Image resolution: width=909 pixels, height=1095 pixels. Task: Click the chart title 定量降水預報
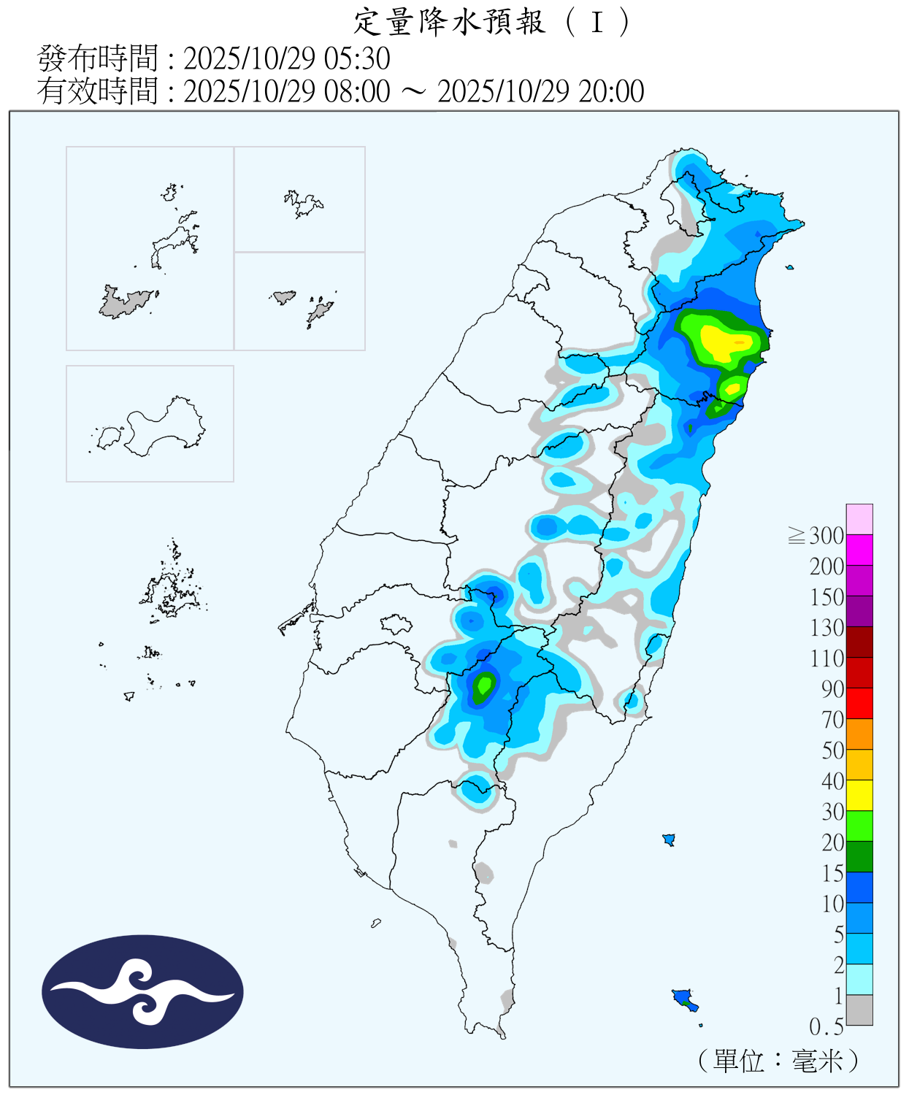pos(449,22)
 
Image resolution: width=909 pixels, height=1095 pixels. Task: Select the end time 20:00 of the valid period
pos(611,92)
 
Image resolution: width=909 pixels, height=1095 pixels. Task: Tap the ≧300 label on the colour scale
pos(816,536)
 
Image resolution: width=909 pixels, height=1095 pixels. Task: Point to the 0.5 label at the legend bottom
pos(826,1027)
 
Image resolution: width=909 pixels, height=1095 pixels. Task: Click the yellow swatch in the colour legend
pos(859,795)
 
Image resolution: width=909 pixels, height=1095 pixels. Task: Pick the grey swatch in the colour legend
pos(859,1010)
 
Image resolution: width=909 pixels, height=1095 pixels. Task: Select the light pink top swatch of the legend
pos(859,519)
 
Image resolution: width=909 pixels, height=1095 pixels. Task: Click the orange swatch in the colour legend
pos(859,734)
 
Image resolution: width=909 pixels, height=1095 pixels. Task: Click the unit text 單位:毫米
pos(778,1061)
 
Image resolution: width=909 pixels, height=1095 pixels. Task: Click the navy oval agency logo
pos(142,991)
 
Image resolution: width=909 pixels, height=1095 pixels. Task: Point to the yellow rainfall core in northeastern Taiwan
pos(723,341)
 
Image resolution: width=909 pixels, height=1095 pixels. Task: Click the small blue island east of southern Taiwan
pos(668,839)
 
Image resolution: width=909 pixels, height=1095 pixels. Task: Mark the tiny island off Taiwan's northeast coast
pos(789,267)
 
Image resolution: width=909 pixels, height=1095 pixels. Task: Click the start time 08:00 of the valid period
pos(358,92)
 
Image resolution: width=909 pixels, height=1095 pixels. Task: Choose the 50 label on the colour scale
pos(832,750)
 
